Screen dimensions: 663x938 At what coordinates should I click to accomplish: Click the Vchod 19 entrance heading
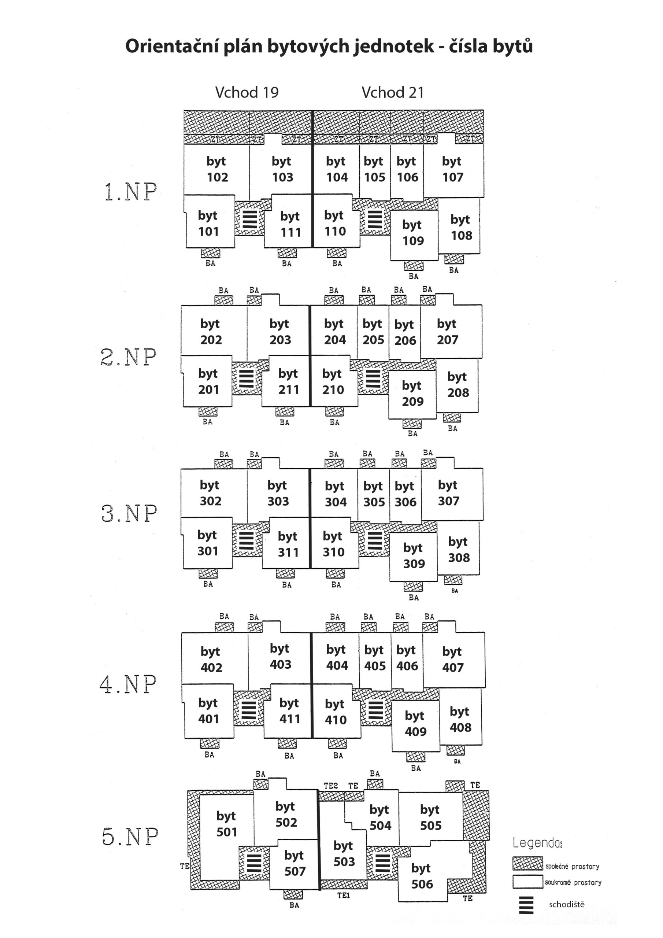(247, 93)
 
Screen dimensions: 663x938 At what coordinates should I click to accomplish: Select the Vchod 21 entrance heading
(393, 93)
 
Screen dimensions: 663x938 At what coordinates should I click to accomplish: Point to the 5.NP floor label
(130, 836)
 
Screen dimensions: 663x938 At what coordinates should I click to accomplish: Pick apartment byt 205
(373, 332)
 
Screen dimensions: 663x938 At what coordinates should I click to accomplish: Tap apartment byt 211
(288, 381)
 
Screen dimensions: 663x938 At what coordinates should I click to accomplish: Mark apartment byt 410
(336, 712)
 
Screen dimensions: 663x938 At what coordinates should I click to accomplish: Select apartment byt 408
(460, 719)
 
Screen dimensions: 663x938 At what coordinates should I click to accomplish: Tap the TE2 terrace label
(331, 786)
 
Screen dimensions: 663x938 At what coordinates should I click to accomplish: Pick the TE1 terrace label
(344, 895)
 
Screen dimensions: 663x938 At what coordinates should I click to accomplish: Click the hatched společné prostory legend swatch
(528, 864)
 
